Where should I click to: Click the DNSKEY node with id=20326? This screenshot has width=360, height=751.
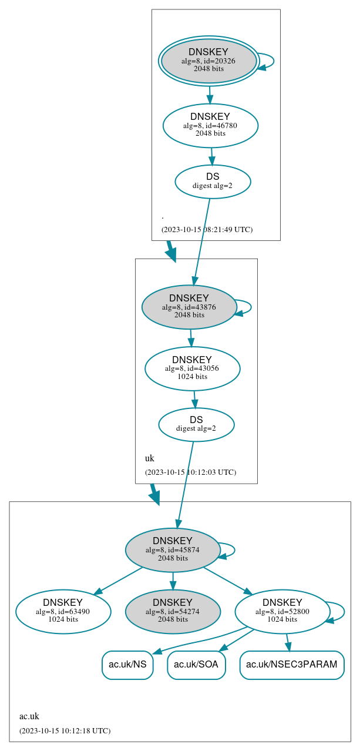point(208,61)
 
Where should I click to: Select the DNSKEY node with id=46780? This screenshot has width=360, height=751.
point(210,125)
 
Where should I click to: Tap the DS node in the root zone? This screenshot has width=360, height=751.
point(213,182)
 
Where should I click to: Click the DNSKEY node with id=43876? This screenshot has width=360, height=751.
point(189,307)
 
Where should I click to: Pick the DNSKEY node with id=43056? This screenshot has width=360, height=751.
point(192,368)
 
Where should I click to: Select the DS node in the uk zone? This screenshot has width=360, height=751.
point(196,424)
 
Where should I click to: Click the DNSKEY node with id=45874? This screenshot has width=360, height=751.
point(173,549)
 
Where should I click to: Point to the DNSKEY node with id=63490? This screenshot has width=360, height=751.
point(63,611)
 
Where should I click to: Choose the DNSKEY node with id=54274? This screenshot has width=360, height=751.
point(173,611)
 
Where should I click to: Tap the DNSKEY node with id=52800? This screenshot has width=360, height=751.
point(282,611)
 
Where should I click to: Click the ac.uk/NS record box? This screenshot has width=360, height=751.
point(127,665)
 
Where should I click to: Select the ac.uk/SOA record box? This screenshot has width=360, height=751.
point(196,665)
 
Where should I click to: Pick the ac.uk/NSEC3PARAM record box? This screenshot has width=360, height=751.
point(291,665)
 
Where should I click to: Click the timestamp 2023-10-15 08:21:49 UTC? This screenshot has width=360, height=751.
point(207,229)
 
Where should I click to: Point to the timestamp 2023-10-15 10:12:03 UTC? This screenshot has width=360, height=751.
point(190,472)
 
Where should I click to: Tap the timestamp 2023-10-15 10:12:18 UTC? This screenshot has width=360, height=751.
point(65,730)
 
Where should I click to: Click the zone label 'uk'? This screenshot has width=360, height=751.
point(149,458)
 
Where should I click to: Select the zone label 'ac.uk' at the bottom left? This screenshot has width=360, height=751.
point(29,716)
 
